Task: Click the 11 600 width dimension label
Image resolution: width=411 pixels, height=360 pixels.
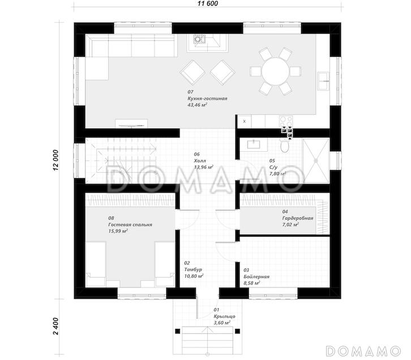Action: click(x=208, y=3)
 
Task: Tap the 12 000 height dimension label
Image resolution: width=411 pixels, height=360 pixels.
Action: click(x=55, y=161)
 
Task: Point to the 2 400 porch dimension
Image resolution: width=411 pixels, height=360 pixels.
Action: click(x=55, y=326)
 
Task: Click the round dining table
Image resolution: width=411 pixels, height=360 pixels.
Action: click(x=276, y=71)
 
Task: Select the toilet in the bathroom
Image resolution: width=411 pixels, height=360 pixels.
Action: click(x=284, y=146)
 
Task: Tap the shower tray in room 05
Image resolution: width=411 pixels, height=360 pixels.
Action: click(x=316, y=161)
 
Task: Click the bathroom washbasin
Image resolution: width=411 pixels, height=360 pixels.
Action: click(x=254, y=144)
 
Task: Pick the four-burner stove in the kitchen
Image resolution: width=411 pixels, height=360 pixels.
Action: click(x=286, y=122)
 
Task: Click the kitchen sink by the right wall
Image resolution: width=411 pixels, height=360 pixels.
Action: click(x=323, y=81)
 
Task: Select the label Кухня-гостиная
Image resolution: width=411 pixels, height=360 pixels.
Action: click(x=207, y=98)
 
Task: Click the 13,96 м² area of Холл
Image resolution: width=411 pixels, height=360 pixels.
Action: click(x=203, y=167)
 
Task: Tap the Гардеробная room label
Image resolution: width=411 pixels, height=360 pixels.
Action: click(x=298, y=218)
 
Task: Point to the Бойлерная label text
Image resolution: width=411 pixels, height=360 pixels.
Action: click(x=256, y=276)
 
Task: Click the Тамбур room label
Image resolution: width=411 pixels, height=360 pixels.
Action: click(x=193, y=269)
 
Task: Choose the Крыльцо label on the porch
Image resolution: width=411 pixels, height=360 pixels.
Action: click(x=224, y=316)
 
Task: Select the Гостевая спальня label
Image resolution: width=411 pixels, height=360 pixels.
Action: click(x=130, y=225)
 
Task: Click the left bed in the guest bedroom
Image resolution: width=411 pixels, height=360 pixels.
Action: click(x=96, y=264)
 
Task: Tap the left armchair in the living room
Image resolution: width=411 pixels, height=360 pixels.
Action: click(x=192, y=72)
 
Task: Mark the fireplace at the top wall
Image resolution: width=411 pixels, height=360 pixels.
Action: click(x=207, y=43)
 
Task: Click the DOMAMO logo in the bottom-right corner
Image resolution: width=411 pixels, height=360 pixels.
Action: click(x=363, y=351)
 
